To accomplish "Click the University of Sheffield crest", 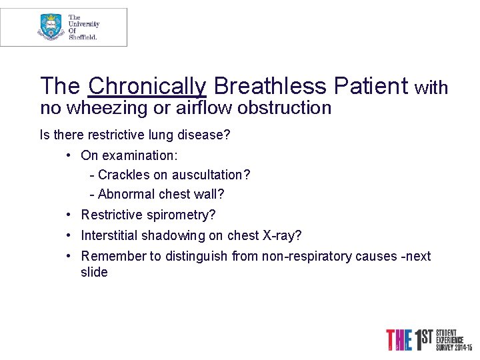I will pyautogui.click(x=51, y=27).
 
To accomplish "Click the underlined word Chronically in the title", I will pyautogui.click(x=147, y=86).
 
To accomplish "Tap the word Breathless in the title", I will pyautogui.click(x=270, y=86).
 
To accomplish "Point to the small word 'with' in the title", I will pyautogui.click(x=431, y=88).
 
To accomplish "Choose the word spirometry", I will pyautogui.click(x=181, y=215).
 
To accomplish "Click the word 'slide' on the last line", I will pyautogui.click(x=94, y=272).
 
